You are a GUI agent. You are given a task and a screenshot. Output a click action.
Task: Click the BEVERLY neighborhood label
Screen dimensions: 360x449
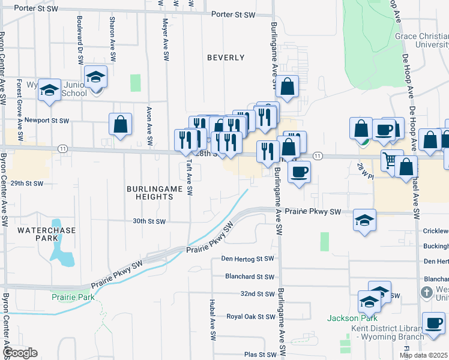pos(226,58)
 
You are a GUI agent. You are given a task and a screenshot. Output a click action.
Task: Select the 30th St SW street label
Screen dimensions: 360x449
pos(148,221)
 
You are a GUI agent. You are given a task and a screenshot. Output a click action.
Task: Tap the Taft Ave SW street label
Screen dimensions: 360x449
pos(190,178)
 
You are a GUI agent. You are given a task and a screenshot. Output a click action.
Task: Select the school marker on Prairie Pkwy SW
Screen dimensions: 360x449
pos(364,219)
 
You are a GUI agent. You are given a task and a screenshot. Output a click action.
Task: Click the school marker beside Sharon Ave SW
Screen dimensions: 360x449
pos(95,76)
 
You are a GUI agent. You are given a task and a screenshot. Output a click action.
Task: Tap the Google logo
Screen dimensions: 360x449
pos(20,353)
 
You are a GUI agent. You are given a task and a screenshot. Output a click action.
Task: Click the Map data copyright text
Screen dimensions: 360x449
pos(424,355)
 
